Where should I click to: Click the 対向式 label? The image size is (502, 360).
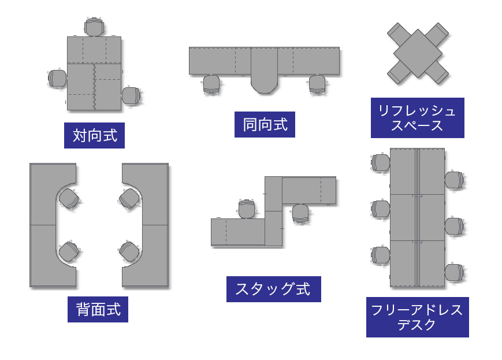(94, 135)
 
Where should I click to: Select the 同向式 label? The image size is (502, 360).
(265, 124)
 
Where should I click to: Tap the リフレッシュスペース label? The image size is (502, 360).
(417, 118)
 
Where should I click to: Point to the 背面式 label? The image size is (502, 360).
(98, 309)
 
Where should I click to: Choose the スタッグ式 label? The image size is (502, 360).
(273, 289)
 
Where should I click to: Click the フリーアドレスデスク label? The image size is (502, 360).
(417, 317)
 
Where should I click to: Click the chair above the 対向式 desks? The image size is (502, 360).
(95, 27)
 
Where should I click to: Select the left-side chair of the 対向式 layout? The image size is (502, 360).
(57, 78)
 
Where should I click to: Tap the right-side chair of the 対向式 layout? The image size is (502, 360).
(131, 95)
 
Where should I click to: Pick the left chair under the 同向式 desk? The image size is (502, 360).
(211, 84)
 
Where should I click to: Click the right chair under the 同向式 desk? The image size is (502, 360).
(317, 84)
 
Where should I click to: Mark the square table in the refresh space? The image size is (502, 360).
(418, 53)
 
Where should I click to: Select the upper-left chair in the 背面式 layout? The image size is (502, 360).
(69, 198)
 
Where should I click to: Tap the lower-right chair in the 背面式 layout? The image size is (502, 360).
(128, 251)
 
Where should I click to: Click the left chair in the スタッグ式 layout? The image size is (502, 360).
(247, 209)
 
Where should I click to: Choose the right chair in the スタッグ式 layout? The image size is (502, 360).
(300, 213)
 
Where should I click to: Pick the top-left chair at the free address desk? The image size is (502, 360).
(381, 162)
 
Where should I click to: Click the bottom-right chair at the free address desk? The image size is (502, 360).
(454, 272)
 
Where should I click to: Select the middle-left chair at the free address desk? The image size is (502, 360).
(381, 209)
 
